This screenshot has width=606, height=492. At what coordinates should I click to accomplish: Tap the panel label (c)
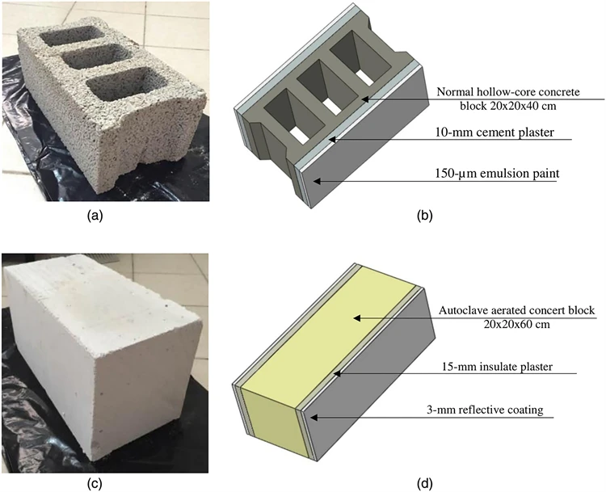[x=97, y=484]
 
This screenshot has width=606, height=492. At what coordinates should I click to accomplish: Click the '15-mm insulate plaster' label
[x=505, y=366]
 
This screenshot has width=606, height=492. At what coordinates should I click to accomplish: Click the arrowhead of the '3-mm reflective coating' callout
[x=311, y=417]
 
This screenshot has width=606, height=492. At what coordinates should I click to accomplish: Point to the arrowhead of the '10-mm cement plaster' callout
[x=330, y=138]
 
